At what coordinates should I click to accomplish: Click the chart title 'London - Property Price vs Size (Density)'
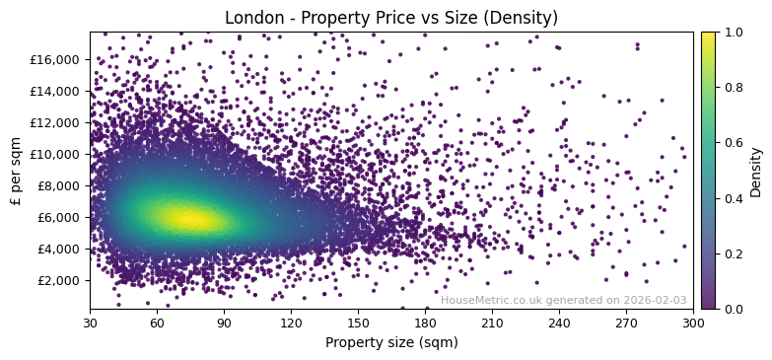point(390,18)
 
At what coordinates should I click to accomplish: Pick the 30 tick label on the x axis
point(90,324)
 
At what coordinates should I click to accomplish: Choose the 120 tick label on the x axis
point(291,324)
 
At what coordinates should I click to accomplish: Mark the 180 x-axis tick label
point(425,324)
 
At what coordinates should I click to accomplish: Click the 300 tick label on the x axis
point(693,324)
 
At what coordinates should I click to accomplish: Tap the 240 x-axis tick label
point(559,324)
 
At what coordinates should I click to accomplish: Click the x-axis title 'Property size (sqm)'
point(390,342)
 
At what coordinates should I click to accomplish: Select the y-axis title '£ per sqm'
point(17,171)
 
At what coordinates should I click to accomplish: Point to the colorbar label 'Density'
point(756,171)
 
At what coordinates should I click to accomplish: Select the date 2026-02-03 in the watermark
point(655,301)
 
